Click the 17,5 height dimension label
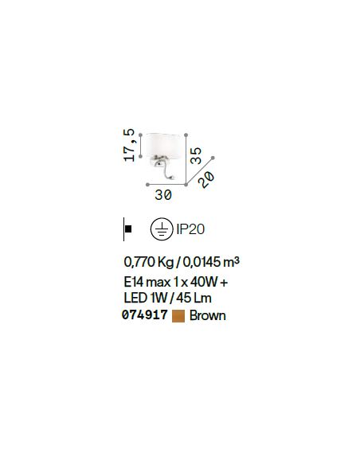pyautogui.click(x=129, y=145)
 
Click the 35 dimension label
pyautogui.click(x=196, y=156)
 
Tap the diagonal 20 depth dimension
pyautogui.click(x=206, y=180)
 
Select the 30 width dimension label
pyautogui.click(x=163, y=195)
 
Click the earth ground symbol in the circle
pyautogui.click(x=162, y=229)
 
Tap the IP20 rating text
pyautogui.click(x=190, y=229)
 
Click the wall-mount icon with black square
pyautogui.click(x=127, y=229)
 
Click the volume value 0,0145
pyautogui.click(x=202, y=262)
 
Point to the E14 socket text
pyautogui.click(x=134, y=282)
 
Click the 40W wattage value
pyautogui.click(x=204, y=282)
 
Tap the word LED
pyautogui.click(x=135, y=298)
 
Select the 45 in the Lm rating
pyautogui.click(x=183, y=298)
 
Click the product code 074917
pyautogui.click(x=145, y=315)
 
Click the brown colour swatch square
pyautogui.click(x=178, y=316)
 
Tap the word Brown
pyautogui.click(x=208, y=315)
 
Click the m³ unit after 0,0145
pyautogui.click(x=231, y=261)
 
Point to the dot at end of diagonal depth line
pyautogui.click(x=213, y=158)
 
